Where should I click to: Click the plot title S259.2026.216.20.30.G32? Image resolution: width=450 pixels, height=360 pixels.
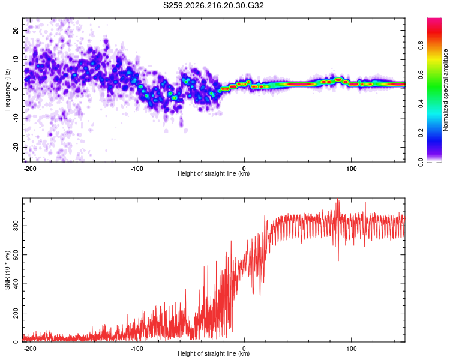(213, 5)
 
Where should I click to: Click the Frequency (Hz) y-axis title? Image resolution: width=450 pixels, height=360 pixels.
(7, 90)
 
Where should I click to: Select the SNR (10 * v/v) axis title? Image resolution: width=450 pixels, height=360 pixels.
(7, 270)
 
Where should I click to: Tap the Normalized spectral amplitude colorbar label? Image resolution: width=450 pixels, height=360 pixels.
(445, 90)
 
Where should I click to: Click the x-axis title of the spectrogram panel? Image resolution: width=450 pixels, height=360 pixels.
(214, 173)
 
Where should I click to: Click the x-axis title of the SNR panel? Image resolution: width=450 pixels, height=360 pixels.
(214, 353)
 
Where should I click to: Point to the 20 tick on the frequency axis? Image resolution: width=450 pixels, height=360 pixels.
(16, 31)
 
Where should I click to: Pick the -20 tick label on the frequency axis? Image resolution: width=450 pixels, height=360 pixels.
(16, 147)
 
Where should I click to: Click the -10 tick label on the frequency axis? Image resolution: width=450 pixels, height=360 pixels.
(16, 118)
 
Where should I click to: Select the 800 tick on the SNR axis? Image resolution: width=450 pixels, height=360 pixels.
(16, 226)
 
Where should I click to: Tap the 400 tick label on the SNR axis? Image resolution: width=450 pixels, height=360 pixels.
(16, 284)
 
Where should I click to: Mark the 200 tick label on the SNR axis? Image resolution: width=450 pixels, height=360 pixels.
(16, 313)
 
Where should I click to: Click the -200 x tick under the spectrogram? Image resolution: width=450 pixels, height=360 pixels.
(29, 169)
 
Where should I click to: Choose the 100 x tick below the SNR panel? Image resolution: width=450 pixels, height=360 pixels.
(351, 349)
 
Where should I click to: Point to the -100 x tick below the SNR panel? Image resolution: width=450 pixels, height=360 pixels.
(137, 349)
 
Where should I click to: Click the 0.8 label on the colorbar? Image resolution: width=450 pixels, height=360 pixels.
(421, 45)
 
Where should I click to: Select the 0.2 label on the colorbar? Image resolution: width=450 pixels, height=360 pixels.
(421, 133)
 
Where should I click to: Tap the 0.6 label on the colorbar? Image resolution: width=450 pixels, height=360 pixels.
(421, 74)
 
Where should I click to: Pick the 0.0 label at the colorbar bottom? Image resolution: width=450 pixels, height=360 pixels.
(421, 162)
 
